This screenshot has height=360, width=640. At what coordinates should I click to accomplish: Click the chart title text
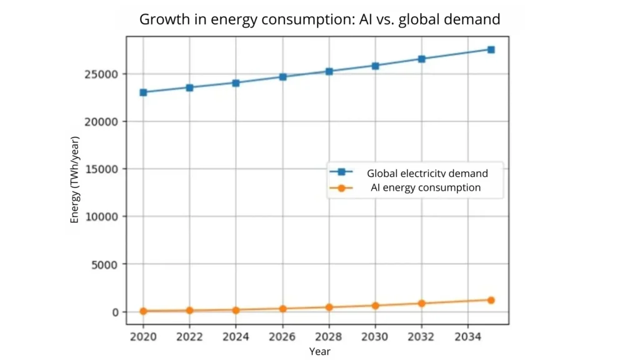point(319,19)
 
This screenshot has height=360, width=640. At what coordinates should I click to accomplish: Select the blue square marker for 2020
point(143,92)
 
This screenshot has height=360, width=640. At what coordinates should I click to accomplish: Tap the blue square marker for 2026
point(282,77)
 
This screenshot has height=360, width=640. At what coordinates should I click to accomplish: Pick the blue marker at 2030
point(375,66)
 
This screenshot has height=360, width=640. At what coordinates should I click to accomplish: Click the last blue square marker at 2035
point(491,49)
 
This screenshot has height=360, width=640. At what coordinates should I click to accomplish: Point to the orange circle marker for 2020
point(143,311)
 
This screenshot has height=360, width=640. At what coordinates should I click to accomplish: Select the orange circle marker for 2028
point(329,307)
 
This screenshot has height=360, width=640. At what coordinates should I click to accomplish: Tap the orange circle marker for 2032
point(422,303)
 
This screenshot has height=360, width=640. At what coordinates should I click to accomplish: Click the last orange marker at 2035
point(491,300)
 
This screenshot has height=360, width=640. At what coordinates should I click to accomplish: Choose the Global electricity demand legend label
point(427,173)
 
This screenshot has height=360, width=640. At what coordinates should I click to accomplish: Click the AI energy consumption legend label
point(426,187)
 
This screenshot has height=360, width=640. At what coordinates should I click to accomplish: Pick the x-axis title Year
point(319,351)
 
